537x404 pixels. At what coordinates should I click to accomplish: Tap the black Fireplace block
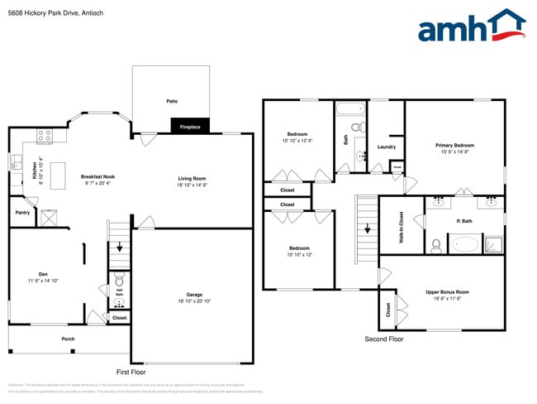(x=191, y=126)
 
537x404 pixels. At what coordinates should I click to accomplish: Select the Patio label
(x=172, y=101)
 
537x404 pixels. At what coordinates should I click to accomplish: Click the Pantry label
(x=22, y=213)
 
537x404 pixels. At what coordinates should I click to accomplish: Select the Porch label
(x=68, y=339)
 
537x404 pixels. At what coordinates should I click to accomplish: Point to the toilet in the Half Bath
(x=118, y=277)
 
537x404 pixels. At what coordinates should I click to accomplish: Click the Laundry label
(x=386, y=147)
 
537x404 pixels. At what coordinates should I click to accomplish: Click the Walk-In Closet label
(x=402, y=227)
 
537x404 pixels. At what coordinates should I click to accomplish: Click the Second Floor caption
(x=384, y=339)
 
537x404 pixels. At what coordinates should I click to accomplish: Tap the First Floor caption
(x=131, y=373)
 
